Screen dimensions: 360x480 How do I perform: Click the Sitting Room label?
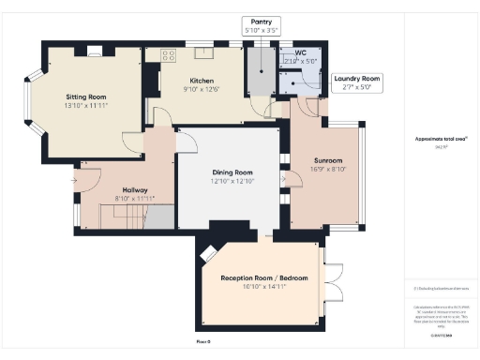pyautogui.click(x=84, y=97)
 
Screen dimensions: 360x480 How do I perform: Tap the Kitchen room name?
pyautogui.click(x=202, y=81)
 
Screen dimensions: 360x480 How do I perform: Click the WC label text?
pyautogui.click(x=300, y=52)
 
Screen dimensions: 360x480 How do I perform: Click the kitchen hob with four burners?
pyautogui.click(x=169, y=55)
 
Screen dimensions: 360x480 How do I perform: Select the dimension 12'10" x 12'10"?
pyautogui.click(x=231, y=181)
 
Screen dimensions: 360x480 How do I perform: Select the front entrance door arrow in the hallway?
pyautogui.click(x=73, y=178)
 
